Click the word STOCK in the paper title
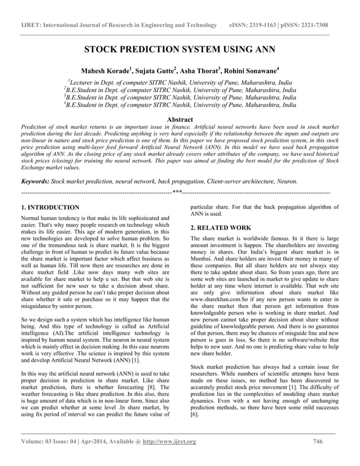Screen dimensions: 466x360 (104, 49)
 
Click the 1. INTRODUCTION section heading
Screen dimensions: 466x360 (50, 208)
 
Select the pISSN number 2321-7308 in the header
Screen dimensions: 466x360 (323, 25)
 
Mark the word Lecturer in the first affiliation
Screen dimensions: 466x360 (84, 82)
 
